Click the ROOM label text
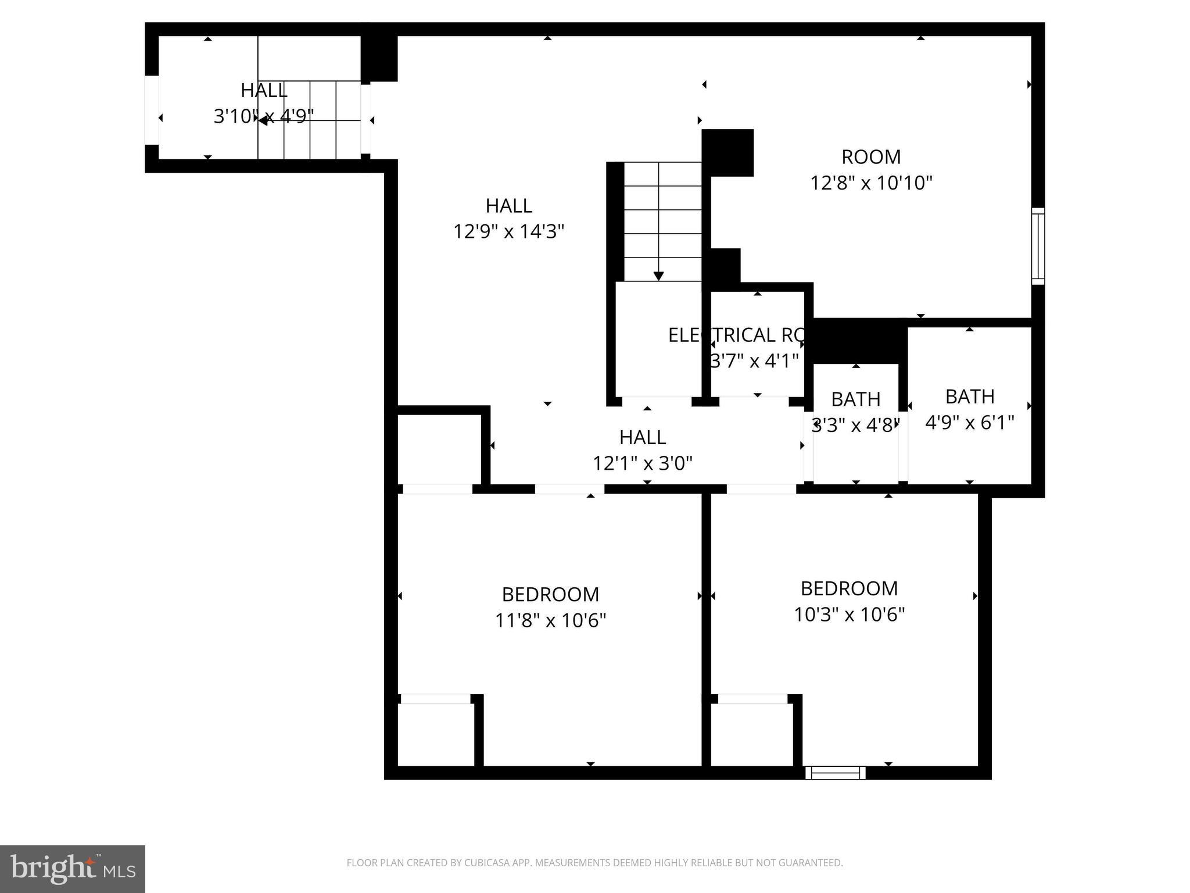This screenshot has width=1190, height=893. coord(871,157)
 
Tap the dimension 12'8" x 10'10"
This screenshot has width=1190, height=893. coord(871,183)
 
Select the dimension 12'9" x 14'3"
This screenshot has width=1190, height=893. coord(508,232)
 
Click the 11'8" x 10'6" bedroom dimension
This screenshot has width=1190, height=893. coord(550,620)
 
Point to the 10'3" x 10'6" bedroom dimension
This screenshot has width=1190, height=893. coord(849,615)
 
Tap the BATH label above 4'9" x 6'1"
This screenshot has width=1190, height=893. coord(969,397)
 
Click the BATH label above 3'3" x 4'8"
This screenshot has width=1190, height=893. coord(855,399)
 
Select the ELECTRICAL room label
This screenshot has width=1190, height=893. coord(735,335)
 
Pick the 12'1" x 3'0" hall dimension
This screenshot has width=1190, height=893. coord(642,463)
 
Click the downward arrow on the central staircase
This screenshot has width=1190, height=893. coord(658,275)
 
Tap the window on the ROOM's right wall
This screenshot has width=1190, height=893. coord(1038,246)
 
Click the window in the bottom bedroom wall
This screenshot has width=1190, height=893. coord(835,773)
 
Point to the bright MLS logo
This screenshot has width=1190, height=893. coord(73,869)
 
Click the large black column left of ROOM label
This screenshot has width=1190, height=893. coord(728,152)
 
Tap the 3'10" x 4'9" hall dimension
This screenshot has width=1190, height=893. coord(263,116)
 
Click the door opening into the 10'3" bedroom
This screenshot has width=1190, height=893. coord(761,489)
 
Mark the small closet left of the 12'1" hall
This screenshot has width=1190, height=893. coord(439,448)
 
